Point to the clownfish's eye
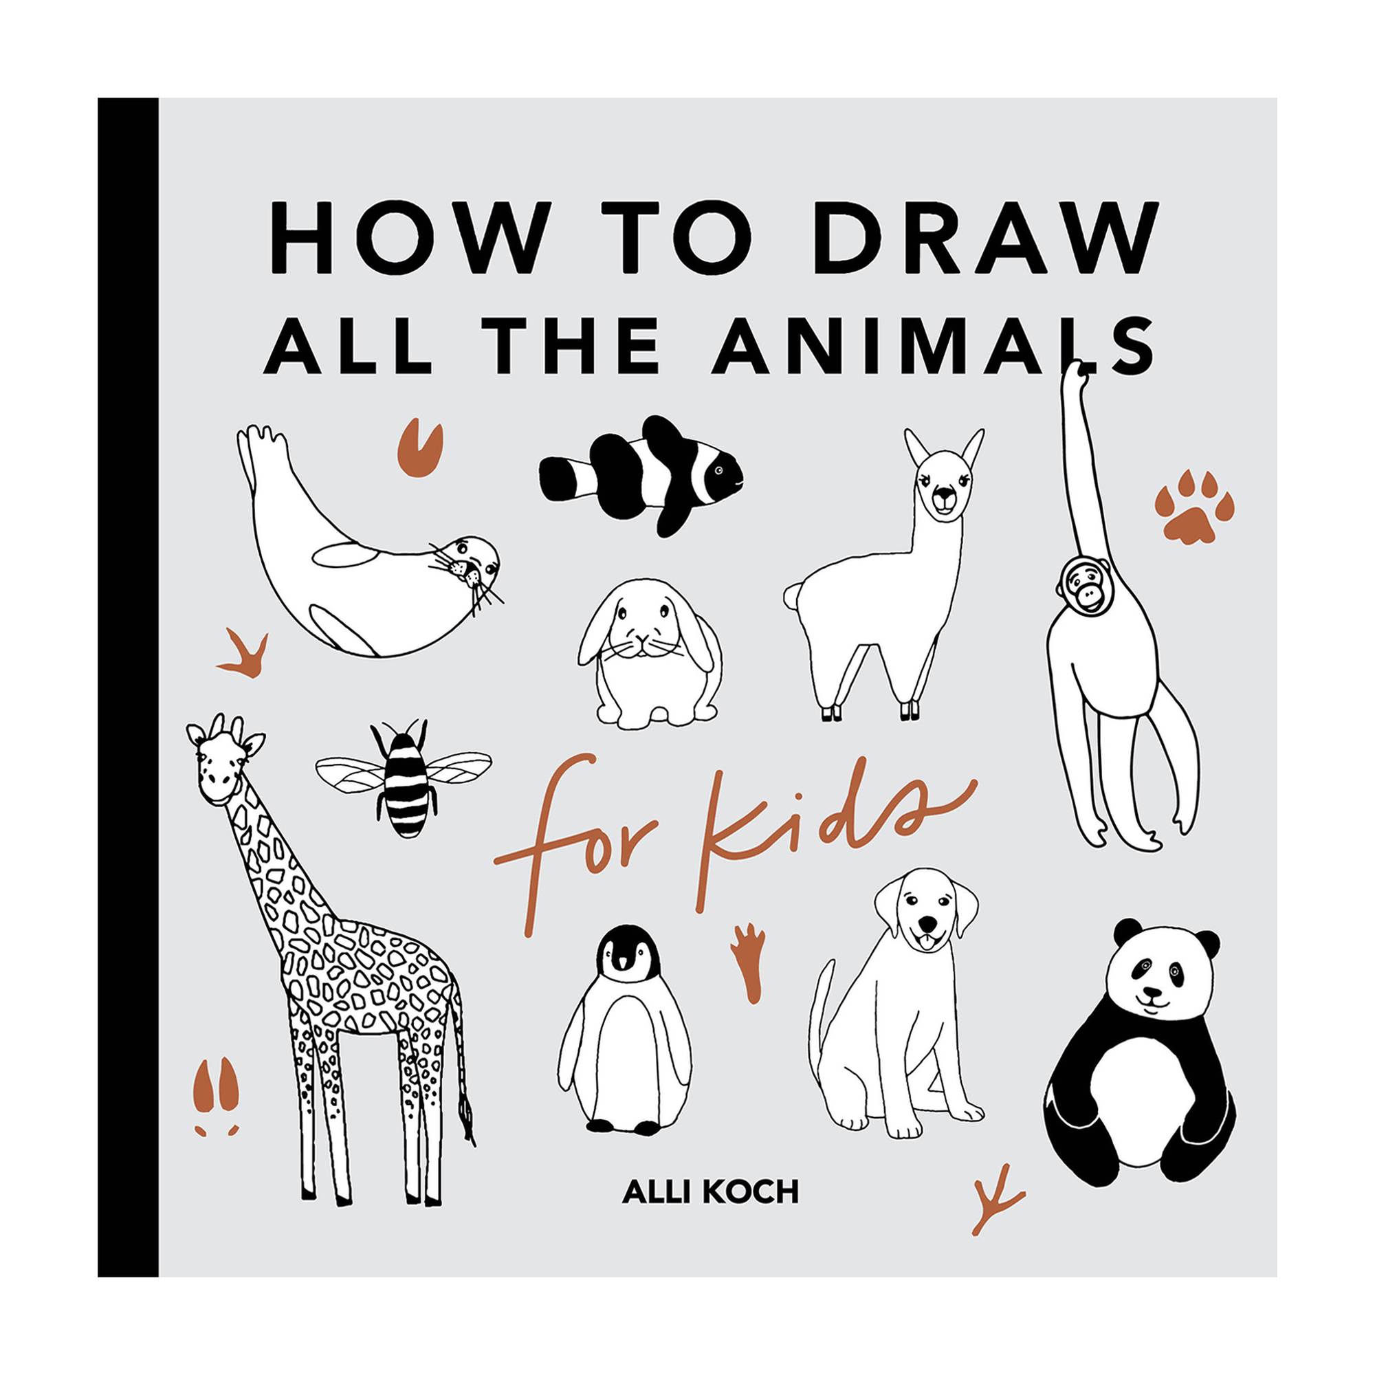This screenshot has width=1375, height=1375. coord(720,470)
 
